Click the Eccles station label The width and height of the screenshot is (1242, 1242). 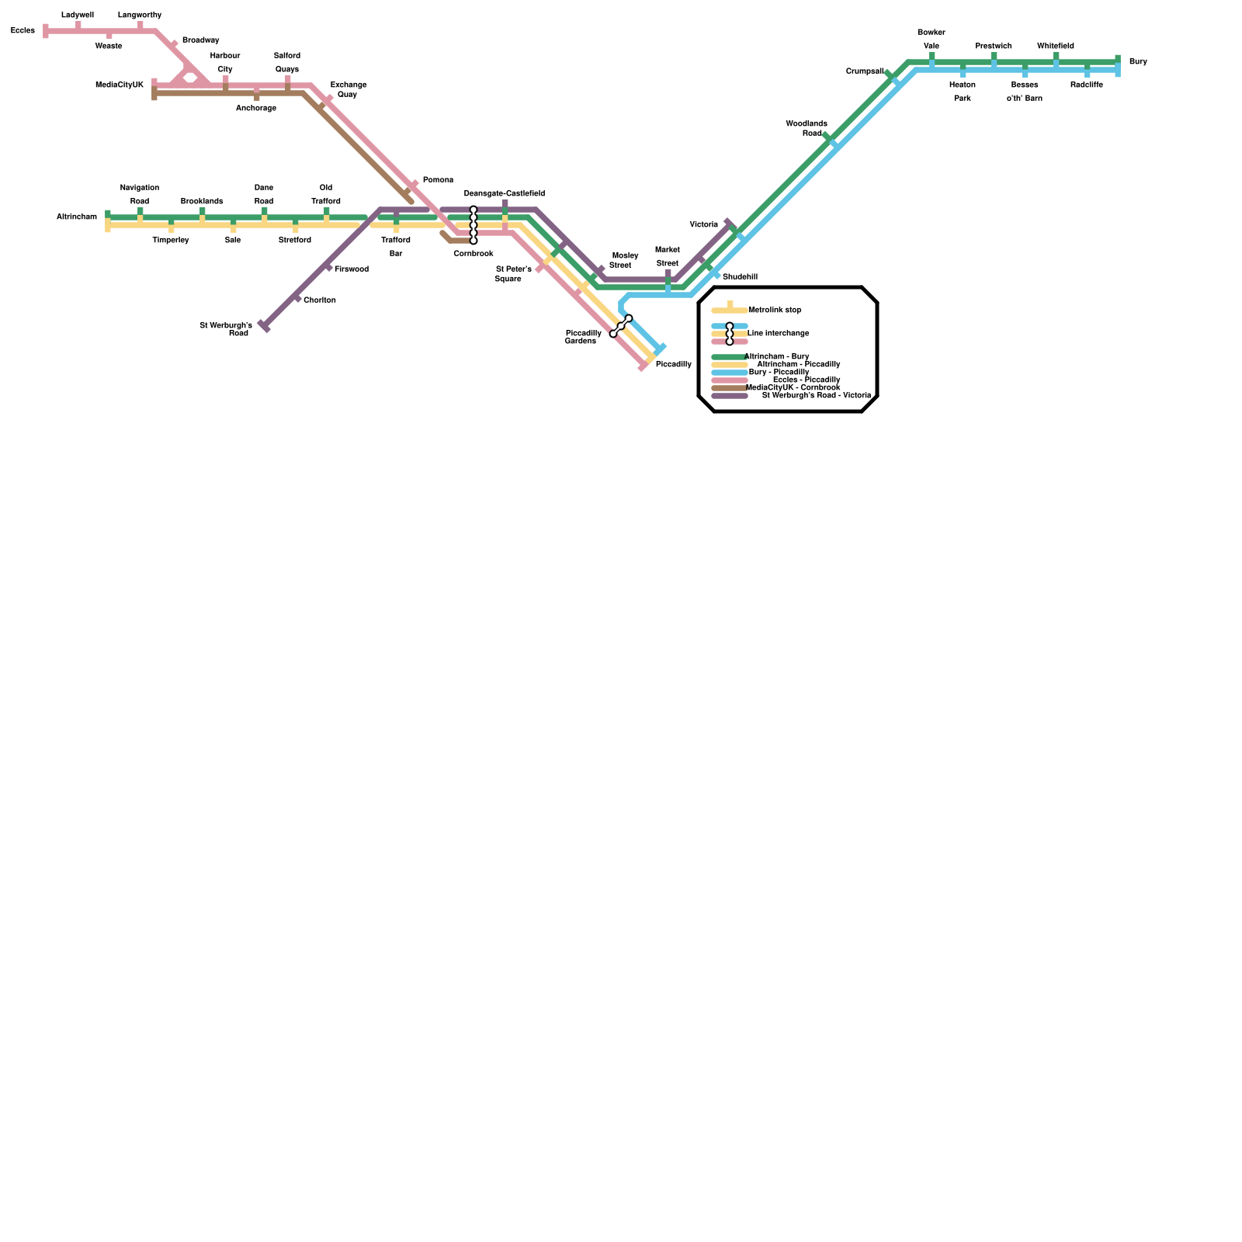pos(23,31)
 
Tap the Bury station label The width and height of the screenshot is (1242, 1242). pos(1138,62)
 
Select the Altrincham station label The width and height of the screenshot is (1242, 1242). pos(77,217)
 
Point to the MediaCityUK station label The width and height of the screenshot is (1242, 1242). pos(120,85)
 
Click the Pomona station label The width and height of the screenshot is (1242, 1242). pos(438,180)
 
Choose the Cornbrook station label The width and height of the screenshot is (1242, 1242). pos(474,254)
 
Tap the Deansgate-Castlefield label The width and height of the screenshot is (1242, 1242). pos(505,194)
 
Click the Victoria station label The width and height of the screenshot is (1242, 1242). pos(704,225)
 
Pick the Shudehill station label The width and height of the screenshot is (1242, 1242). pos(740,277)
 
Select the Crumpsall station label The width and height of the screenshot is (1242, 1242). pos(865,71)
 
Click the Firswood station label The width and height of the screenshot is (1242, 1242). pos(352,269)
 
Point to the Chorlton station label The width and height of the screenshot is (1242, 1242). pos(320,300)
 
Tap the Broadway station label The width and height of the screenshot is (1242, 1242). pos(200,40)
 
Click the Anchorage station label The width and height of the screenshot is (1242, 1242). pos(256,109)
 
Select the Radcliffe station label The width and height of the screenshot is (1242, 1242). pos(1087,85)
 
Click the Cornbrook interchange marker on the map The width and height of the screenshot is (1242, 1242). pos(474,225)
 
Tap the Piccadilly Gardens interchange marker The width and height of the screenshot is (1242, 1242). pos(621,326)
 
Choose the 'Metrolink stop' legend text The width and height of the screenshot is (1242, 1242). pos(775,310)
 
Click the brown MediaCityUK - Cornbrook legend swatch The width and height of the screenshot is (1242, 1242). pos(729,388)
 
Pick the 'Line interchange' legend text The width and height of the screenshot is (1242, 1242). pos(778,334)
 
